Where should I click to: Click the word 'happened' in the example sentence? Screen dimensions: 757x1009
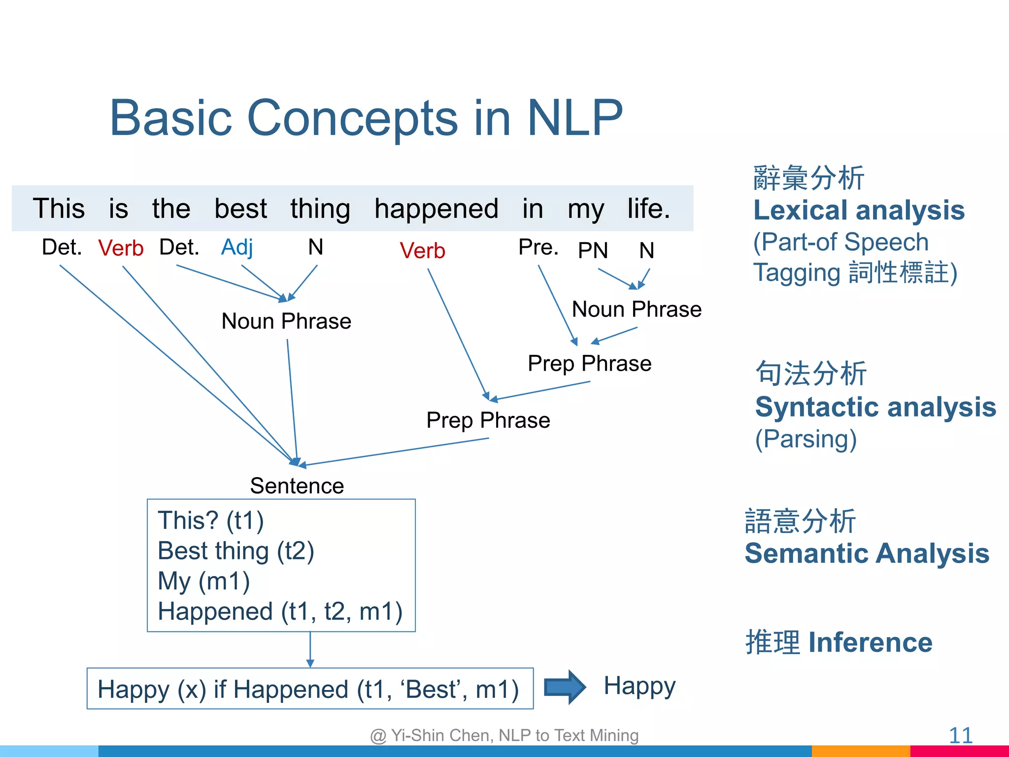tap(436, 209)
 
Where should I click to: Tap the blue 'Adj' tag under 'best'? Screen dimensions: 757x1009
tap(237, 247)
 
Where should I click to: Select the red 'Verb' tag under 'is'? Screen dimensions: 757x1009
tap(121, 248)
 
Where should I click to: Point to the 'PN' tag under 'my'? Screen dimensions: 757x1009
tap(593, 250)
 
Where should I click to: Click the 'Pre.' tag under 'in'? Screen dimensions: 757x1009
tap(538, 247)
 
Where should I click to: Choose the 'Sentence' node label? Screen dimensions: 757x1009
tap(297, 486)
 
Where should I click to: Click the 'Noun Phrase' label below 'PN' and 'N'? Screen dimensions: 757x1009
tap(637, 310)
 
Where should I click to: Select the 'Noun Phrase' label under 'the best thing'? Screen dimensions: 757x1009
tap(286, 321)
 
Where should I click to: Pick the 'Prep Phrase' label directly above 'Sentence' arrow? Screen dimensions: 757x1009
tap(488, 420)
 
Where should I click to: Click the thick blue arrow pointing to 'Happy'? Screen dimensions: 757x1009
tap(565, 687)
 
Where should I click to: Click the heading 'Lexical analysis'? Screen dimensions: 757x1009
tap(859, 210)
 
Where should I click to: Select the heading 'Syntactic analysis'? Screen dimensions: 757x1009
tap(875, 407)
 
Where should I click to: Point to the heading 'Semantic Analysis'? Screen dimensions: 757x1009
tap(867, 553)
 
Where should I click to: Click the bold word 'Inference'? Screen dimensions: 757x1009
tap(870, 643)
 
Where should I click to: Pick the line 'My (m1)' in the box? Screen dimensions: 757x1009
tap(203, 581)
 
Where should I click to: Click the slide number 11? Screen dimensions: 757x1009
tap(960, 736)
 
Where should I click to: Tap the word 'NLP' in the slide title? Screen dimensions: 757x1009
tap(574, 118)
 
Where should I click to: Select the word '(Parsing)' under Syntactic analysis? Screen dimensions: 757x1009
tap(806, 439)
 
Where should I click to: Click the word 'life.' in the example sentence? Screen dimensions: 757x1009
tap(648, 209)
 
